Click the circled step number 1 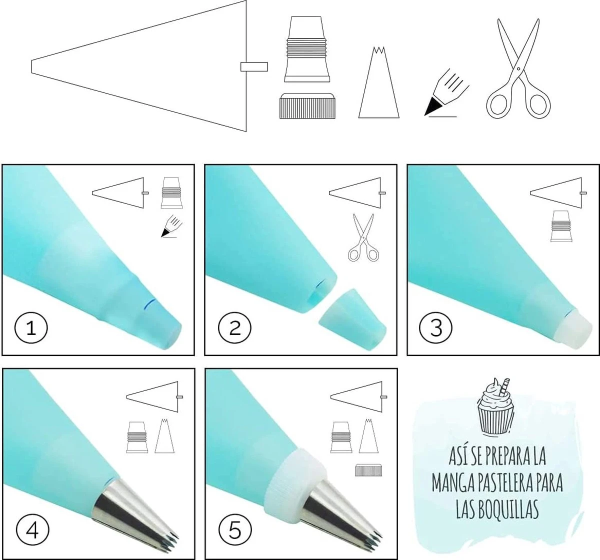click(31, 328)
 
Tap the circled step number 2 click(234, 328)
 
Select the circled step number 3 click(436, 328)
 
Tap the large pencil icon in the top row click(446, 93)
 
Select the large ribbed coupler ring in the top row click(307, 106)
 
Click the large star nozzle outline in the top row click(379, 82)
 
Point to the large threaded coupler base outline click(307, 49)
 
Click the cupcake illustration click(495, 406)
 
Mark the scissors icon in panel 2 click(363, 237)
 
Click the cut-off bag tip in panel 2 click(353, 319)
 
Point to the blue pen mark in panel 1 click(149, 304)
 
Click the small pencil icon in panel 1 click(172, 226)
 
